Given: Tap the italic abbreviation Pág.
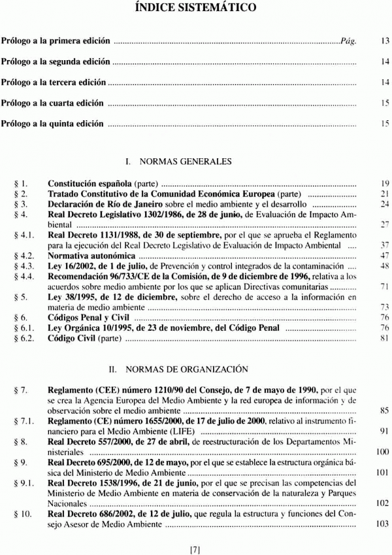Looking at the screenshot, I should (348, 41).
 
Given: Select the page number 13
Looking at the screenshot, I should (385, 41).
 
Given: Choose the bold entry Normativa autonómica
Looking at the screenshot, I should (91, 255).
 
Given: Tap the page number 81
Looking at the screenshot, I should (385, 338).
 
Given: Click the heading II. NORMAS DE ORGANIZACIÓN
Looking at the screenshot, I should (195, 369).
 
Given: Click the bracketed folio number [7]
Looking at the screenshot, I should (195, 549).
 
